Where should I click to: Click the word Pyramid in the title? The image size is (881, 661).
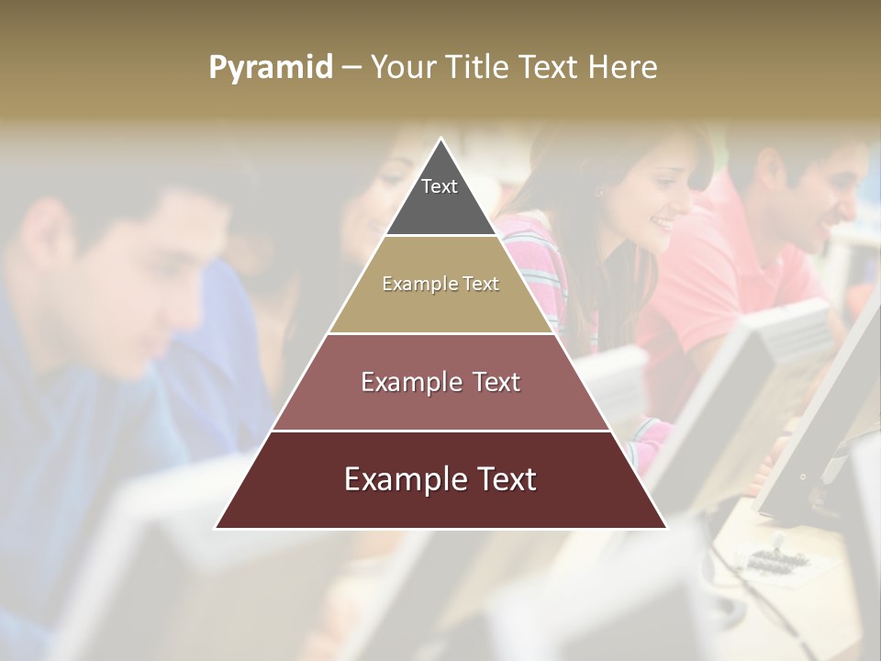click(x=270, y=68)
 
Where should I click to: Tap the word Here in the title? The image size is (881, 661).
click(x=623, y=67)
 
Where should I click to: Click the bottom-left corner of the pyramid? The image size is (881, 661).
click(x=217, y=528)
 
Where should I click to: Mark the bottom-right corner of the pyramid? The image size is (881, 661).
click(x=665, y=528)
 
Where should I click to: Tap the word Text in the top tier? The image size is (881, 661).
click(x=440, y=186)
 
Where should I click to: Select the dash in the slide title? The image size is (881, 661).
click(x=351, y=68)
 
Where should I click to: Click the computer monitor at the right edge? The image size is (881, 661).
click(x=826, y=413)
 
